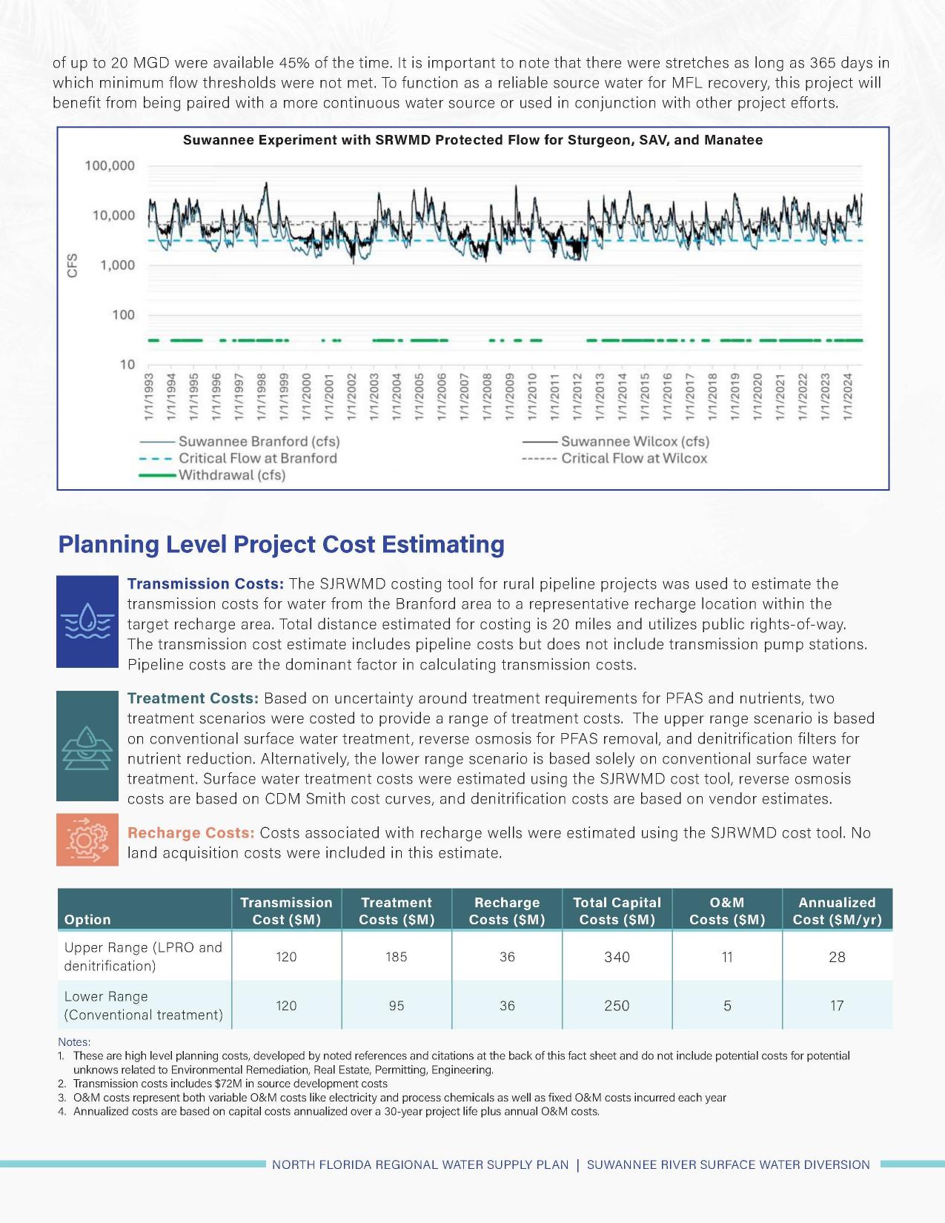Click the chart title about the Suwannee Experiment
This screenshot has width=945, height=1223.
[x=472, y=140]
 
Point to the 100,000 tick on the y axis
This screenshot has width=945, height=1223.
[x=110, y=166]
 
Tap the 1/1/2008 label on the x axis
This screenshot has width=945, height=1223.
[x=487, y=397]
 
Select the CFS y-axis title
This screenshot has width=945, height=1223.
[x=72, y=265]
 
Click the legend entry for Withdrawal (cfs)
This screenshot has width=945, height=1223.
[x=231, y=475]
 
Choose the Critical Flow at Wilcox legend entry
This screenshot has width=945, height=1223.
[x=634, y=458]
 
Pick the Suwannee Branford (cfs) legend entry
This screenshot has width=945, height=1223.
[x=259, y=441]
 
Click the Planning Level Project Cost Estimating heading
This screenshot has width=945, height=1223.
[x=281, y=544]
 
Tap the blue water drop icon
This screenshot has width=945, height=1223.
[x=87, y=621]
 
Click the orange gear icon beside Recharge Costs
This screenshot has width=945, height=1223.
[x=87, y=839]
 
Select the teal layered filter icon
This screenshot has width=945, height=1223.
[x=87, y=746]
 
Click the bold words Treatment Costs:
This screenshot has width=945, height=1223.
[x=193, y=698]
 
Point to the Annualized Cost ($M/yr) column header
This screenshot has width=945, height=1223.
[x=837, y=911]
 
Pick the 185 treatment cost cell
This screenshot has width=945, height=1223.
[x=397, y=957]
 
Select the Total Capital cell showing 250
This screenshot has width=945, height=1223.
[x=617, y=1006]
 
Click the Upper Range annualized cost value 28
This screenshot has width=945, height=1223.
[x=837, y=957]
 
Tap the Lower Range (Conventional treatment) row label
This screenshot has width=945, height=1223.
[x=143, y=1006]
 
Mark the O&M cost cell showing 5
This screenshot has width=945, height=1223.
[x=727, y=1006]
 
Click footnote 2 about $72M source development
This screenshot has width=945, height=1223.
[x=230, y=1084]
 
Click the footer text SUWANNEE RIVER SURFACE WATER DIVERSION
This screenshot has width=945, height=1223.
[x=728, y=1164]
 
